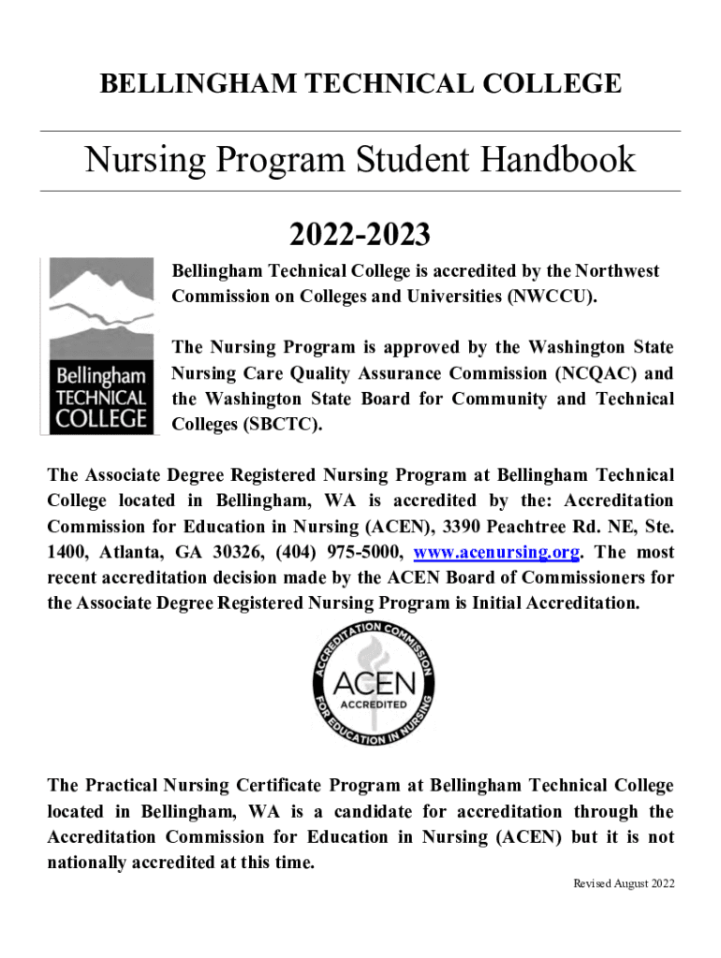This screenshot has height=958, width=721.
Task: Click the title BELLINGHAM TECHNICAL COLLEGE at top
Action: tap(360, 83)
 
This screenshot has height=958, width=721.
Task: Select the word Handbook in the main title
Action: tap(558, 160)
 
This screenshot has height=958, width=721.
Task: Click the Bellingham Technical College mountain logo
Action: tap(96, 345)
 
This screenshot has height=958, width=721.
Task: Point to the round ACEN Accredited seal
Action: tap(372, 684)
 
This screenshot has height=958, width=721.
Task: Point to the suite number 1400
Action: tap(66, 551)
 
